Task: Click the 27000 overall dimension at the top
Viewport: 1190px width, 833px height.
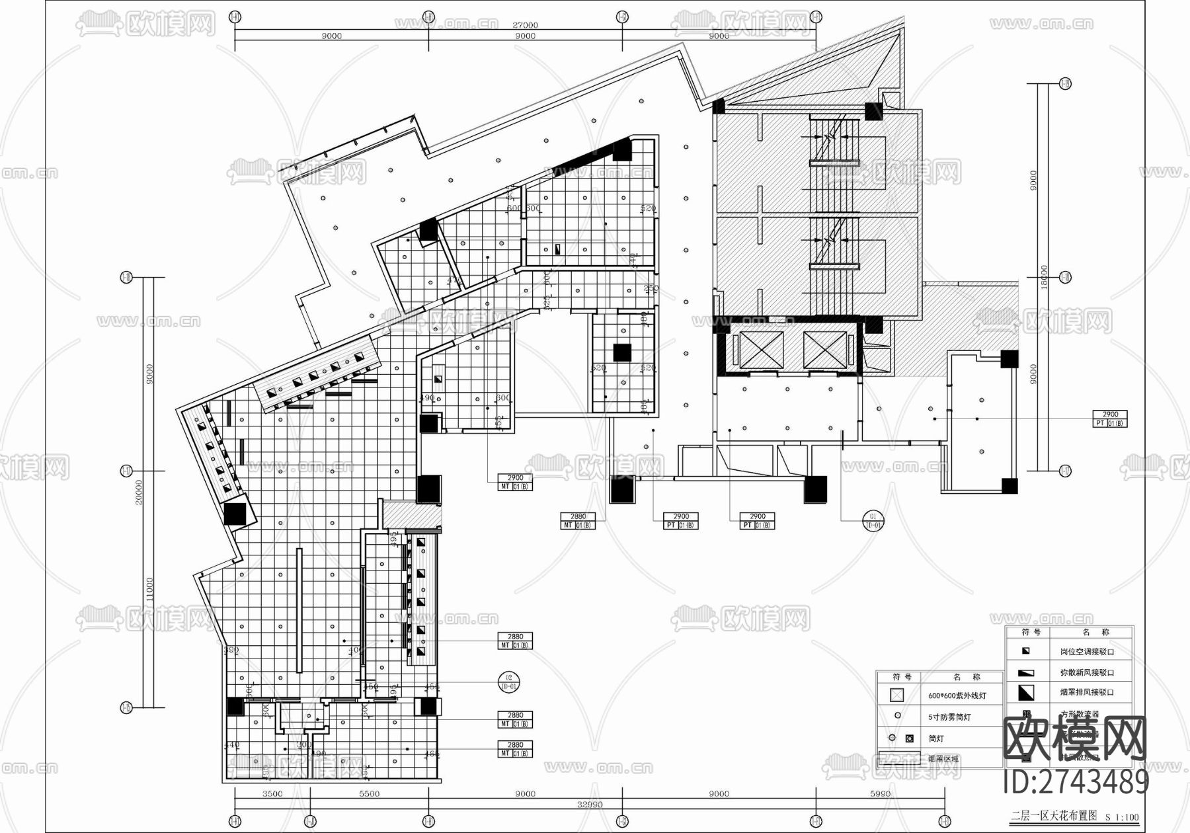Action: coord(525,25)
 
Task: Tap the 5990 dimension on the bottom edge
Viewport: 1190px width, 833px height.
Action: coord(880,793)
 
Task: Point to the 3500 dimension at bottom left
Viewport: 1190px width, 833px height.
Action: coord(272,793)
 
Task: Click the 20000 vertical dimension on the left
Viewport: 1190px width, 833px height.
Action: coord(139,493)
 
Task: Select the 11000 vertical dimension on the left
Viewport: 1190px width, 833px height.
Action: coord(150,588)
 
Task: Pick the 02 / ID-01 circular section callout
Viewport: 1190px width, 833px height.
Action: coord(509,682)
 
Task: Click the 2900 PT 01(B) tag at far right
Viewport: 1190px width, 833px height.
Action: coord(1110,418)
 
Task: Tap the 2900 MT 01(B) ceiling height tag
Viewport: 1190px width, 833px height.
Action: coord(515,482)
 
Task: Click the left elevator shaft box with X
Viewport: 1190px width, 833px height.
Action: coord(761,350)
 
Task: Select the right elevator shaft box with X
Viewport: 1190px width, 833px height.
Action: coord(824,350)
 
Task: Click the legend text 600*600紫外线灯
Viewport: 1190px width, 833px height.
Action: coord(957,695)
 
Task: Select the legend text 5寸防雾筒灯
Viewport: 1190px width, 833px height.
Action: coord(950,717)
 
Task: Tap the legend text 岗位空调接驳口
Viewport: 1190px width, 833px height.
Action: coord(1087,651)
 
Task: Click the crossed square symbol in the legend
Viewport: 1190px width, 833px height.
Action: coord(896,695)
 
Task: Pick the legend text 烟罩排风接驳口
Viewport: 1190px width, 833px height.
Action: coord(1087,692)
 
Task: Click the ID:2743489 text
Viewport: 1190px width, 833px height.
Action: coord(1076,783)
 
